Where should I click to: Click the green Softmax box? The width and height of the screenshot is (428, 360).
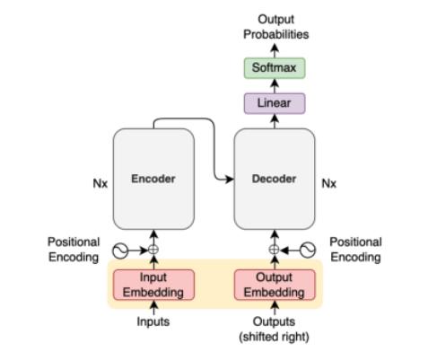point(275,68)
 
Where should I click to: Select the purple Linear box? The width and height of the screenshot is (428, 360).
point(275,103)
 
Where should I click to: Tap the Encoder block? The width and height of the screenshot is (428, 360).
point(153,179)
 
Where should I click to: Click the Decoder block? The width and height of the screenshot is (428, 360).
point(275,179)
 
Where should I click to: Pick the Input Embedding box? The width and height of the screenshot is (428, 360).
point(153,285)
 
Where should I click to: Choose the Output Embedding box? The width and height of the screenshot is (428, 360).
point(275,285)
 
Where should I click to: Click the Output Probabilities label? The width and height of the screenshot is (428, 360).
point(275,27)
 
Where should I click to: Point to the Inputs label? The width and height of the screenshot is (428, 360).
point(153,321)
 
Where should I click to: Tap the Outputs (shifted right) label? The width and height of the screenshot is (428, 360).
point(274,329)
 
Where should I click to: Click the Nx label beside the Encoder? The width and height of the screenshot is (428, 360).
point(100,183)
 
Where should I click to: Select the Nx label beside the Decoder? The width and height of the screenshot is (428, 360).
point(329,183)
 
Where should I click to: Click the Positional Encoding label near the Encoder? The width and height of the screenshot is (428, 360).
point(74,250)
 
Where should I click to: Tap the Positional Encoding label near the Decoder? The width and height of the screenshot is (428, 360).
point(355,250)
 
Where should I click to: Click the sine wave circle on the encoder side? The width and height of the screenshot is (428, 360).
point(120,250)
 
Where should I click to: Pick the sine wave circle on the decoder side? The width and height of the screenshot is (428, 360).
point(308,250)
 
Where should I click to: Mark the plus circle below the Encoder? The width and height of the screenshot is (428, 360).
point(153,250)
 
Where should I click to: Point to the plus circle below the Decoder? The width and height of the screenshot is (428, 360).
point(275,250)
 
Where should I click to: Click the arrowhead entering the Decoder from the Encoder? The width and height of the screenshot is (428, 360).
point(230,180)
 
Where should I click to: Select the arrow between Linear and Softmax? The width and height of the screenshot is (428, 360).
point(275,86)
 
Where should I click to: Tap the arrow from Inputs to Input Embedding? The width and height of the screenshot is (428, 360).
point(153,308)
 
